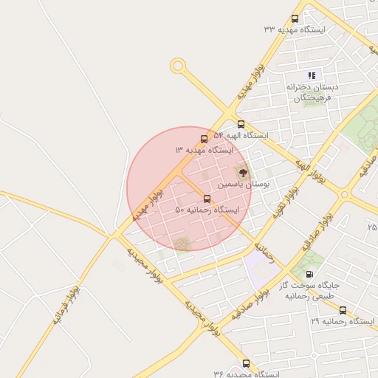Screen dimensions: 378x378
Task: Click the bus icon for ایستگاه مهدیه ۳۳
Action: pyautogui.click(x=295, y=19)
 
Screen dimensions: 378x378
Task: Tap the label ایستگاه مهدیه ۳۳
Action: pyautogui.click(x=295, y=30)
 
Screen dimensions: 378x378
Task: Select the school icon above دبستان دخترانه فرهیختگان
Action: pyautogui.click(x=312, y=75)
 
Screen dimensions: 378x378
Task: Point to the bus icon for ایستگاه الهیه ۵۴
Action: pyautogui.click(x=241, y=124)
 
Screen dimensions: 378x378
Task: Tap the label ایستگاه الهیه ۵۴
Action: pyautogui.click(x=241, y=136)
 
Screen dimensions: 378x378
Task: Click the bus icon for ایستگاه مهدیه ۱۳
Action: pyautogui.click(x=205, y=139)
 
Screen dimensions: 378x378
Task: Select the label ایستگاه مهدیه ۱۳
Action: pyautogui.click(x=204, y=150)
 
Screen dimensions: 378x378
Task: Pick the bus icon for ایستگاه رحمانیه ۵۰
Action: pyautogui.click(x=207, y=199)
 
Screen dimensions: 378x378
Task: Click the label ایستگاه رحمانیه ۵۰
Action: pyautogui.click(x=207, y=210)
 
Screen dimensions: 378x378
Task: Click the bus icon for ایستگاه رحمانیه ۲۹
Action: pyautogui.click(x=343, y=311)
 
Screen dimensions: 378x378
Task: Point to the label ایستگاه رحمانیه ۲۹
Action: pyautogui.click(x=343, y=322)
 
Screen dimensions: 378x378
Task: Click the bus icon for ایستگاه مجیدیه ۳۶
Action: pyautogui.click(x=246, y=363)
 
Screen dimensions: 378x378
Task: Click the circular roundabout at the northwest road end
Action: pyautogui.click(x=177, y=66)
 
